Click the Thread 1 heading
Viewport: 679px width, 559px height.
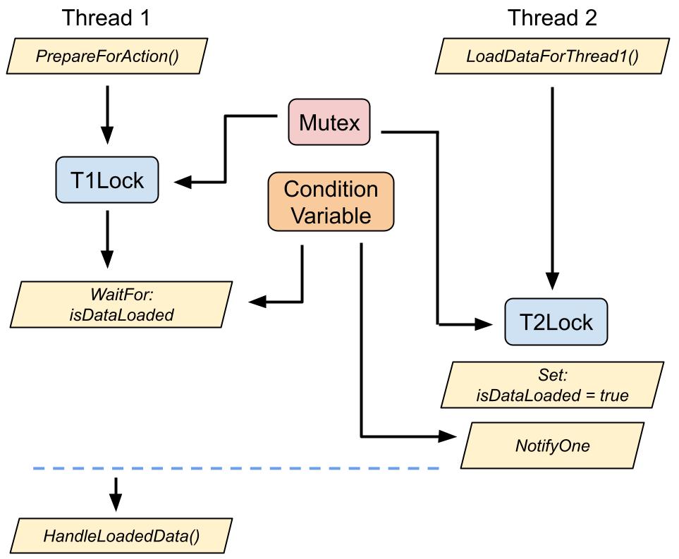tap(106, 18)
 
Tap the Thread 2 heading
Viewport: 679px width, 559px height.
tap(552, 18)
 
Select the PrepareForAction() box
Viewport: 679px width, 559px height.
tap(107, 56)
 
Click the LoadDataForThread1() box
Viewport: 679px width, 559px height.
tap(552, 56)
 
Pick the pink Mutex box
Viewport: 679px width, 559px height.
tap(329, 122)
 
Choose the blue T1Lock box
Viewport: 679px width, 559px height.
tap(107, 180)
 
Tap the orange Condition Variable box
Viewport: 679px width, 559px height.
tap(331, 202)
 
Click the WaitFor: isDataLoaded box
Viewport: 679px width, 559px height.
tap(121, 305)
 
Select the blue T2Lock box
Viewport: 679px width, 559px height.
tap(556, 321)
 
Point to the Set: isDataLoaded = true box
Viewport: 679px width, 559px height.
tap(552, 385)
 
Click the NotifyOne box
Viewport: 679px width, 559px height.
tap(552, 446)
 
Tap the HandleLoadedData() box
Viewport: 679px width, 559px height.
tap(121, 536)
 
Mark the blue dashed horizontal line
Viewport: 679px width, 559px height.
tap(236, 469)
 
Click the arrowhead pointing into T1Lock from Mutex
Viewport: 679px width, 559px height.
tap(183, 183)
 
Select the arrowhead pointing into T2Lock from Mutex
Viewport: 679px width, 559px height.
tap(484, 324)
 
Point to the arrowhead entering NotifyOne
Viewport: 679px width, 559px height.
tap(448, 436)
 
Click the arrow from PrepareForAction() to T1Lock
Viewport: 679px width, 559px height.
tap(107, 115)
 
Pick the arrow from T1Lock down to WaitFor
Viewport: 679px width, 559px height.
tap(107, 240)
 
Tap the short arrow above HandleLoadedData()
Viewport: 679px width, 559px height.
tap(116, 494)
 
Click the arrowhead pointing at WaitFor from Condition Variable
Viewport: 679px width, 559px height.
tap(257, 302)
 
